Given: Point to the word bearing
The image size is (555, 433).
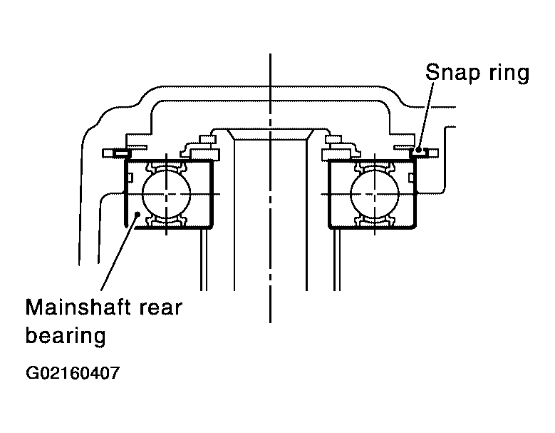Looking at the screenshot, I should pos(66,334).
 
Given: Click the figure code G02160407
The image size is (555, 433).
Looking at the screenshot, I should pos(72,373).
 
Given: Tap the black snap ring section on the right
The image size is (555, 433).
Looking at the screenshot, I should pos(420,152).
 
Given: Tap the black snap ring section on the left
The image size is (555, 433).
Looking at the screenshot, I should pos(120,153).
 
